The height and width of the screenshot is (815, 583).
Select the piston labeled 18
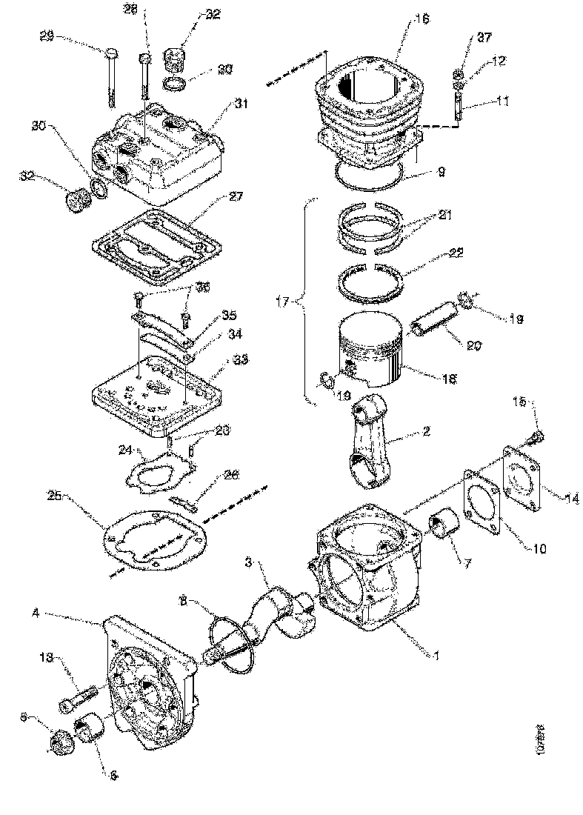pos(370,348)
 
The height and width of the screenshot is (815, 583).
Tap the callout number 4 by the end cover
pos(35,612)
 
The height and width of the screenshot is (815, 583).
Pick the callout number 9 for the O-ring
pos(440,171)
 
